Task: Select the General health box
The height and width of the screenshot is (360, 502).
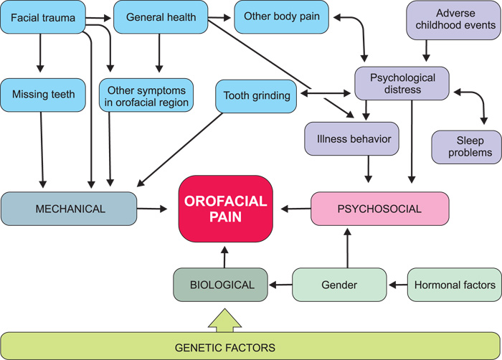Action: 160,16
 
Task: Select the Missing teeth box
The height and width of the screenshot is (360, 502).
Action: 44,94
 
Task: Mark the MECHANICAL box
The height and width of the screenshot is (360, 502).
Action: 69,209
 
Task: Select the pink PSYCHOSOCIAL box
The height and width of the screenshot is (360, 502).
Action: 379,209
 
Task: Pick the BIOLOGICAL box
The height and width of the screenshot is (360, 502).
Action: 220,285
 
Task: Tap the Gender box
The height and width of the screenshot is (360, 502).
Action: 341,285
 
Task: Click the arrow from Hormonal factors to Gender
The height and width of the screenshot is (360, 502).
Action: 397,285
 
